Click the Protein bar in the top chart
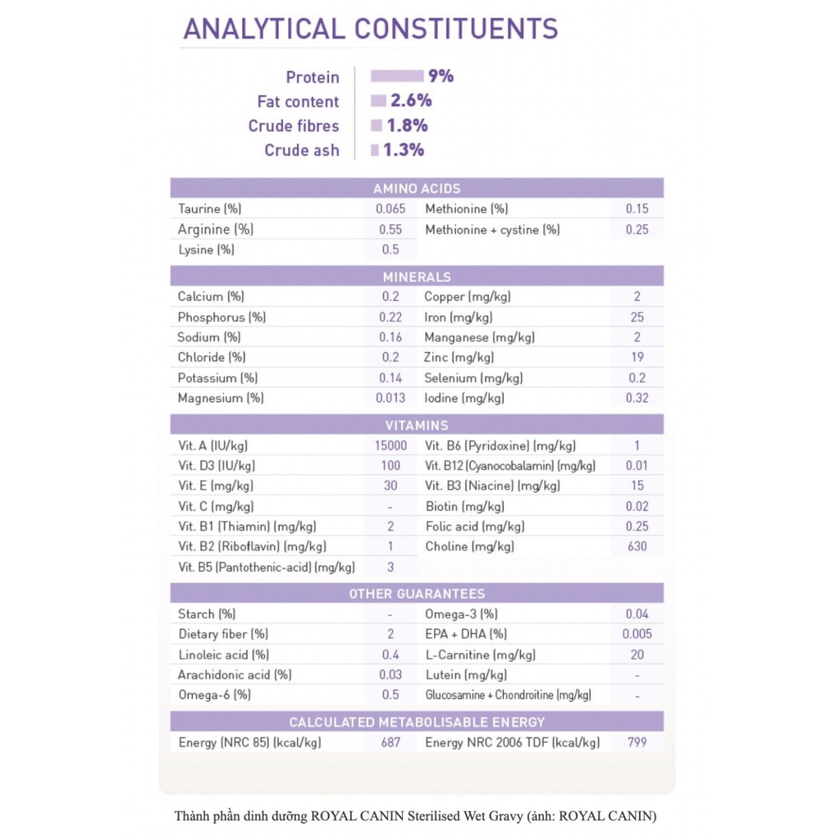[x=396, y=76]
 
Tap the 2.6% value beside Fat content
[x=410, y=101]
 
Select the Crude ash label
[x=301, y=150]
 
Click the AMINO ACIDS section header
[x=417, y=189]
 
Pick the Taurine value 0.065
[x=390, y=209]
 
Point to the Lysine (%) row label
[x=207, y=249]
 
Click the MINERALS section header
[x=417, y=277]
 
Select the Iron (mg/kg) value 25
[x=637, y=317]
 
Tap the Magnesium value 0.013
[x=390, y=398]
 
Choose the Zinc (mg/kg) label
[x=459, y=358]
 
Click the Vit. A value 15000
[x=390, y=445]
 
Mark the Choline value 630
[x=637, y=546]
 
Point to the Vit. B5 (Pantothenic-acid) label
[x=267, y=567]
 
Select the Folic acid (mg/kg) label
[x=475, y=527]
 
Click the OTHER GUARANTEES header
[x=417, y=593]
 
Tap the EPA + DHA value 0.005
[x=637, y=634]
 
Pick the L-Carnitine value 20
[x=637, y=655]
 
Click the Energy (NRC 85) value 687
[x=390, y=742]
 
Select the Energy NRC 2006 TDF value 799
[x=637, y=742]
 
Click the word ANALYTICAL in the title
[x=264, y=29]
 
